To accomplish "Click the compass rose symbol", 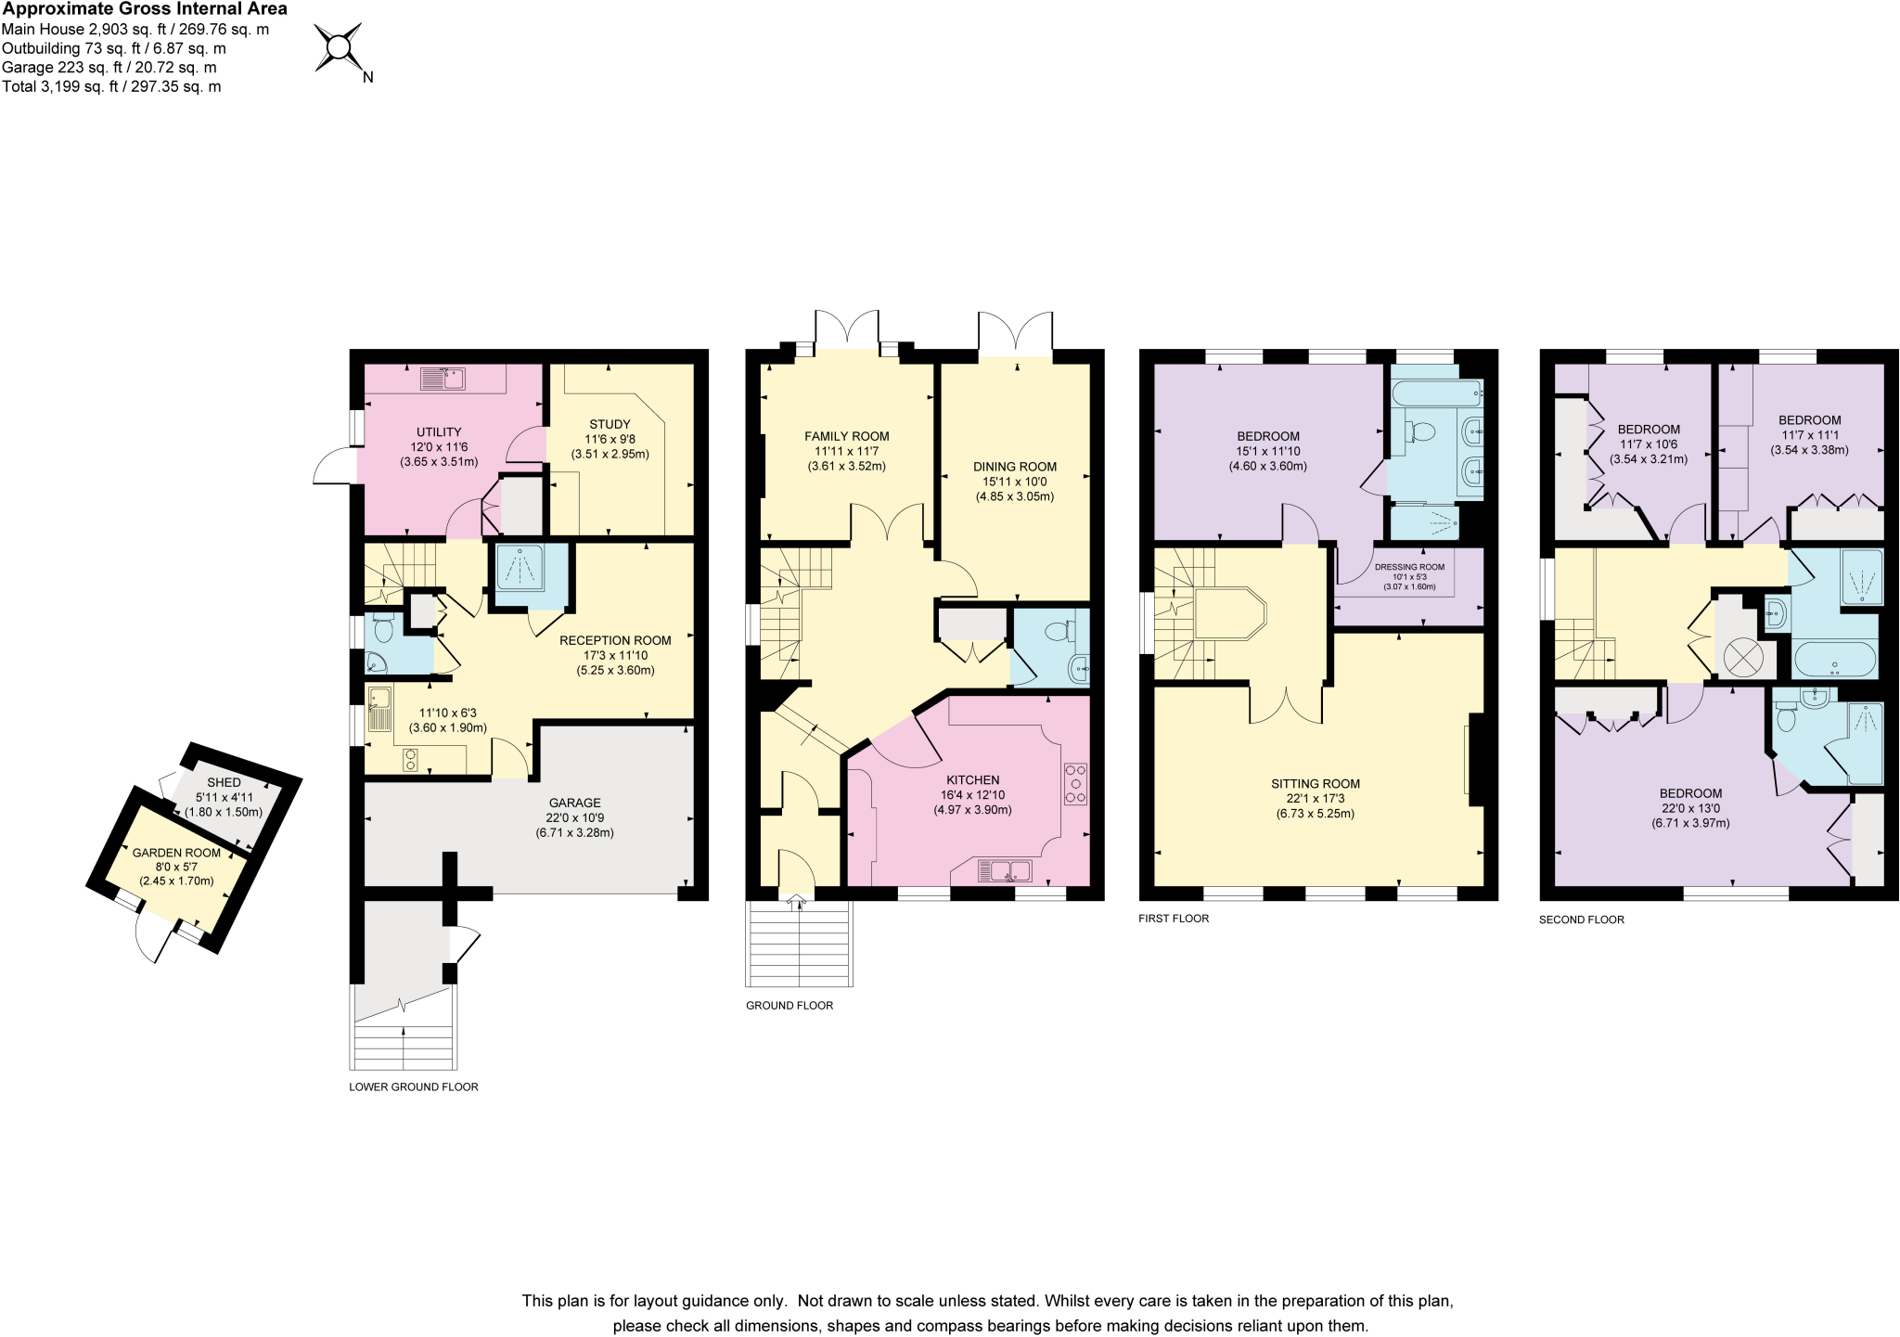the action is (340, 47).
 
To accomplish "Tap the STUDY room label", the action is (610, 424).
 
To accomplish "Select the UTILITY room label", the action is (439, 431).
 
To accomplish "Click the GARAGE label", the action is (575, 803).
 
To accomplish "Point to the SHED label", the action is (224, 782).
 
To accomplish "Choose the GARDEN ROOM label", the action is (176, 853).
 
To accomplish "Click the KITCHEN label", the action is (973, 780).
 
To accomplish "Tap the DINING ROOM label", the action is (1015, 467).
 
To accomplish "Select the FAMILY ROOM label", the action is (847, 436).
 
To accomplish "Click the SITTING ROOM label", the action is (1316, 784).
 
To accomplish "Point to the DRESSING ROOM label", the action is (1409, 567).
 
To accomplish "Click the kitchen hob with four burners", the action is (1075, 784).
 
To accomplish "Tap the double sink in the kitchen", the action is (1005, 871).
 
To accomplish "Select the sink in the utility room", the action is (443, 379).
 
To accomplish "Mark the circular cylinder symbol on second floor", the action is (1742, 659).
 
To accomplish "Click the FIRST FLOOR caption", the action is (1174, 919).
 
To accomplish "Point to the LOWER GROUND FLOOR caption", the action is (414, 1086).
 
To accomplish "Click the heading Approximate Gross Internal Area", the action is (145, 9).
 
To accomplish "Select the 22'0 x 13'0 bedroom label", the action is (1690, 808).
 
